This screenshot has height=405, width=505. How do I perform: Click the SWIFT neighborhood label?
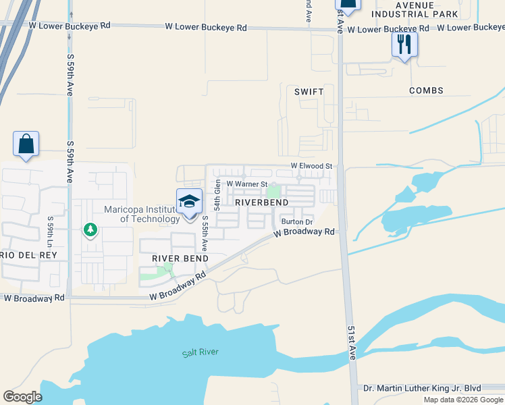[309, 91]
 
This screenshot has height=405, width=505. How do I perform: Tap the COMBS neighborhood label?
[425, 90]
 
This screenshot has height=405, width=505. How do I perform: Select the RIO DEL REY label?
[23, 255]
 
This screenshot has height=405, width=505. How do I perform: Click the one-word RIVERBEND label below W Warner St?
[261, 202]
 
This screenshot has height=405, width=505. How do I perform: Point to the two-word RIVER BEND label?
[180, 259]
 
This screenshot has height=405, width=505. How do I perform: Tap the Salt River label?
[200, 352]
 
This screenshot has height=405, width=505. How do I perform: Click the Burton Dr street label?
[297, 222]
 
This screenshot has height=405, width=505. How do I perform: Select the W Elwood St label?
[312, 165]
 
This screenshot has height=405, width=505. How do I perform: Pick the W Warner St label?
[247, 184]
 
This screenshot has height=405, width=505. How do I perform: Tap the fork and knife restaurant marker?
[404, 45]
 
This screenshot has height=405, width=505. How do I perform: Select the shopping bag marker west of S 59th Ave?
[26, 144]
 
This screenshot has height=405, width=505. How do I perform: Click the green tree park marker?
[90, 230]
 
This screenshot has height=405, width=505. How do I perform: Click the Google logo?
[22, 397]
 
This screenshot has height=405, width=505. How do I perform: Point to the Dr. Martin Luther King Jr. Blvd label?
[422, 388]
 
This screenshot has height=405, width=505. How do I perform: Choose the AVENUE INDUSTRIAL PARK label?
[415, 9]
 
